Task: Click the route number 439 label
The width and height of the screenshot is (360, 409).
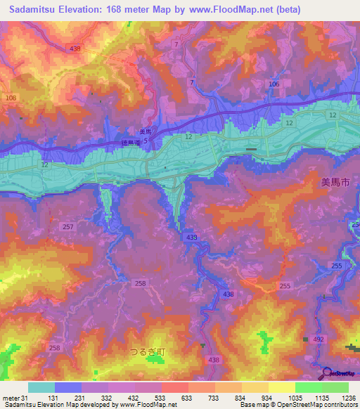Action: click(x=191, y=238)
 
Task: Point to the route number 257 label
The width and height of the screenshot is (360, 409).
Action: click(x=68, y=227)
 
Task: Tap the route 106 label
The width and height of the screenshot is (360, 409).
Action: click(x=274, y=84)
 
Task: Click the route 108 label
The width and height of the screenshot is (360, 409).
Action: click(x=10, y=98)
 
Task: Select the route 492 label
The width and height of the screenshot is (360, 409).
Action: click(x=319, y=338)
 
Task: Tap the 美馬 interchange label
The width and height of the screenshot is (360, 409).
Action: click(x=145, y=131)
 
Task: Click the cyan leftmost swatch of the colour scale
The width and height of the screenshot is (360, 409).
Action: click(x=41, y=387)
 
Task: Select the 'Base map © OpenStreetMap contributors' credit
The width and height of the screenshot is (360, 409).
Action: click(x=298, y=405)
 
